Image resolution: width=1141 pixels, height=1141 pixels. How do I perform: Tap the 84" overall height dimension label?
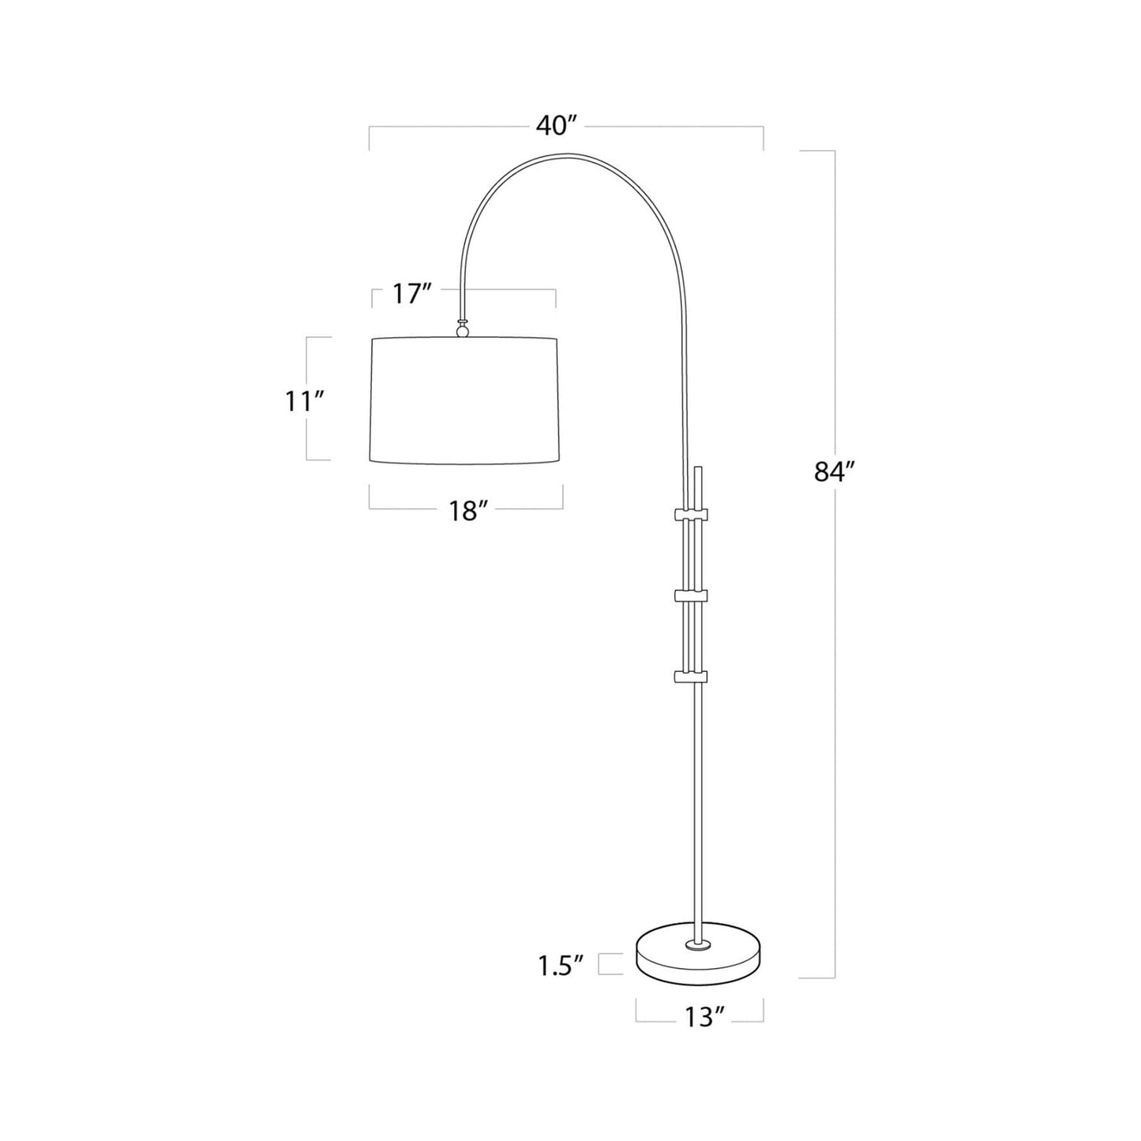[832, 471]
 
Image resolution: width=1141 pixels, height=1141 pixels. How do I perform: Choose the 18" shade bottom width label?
[467, 511]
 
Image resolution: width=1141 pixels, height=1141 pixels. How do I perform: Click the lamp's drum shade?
[465, 401]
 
